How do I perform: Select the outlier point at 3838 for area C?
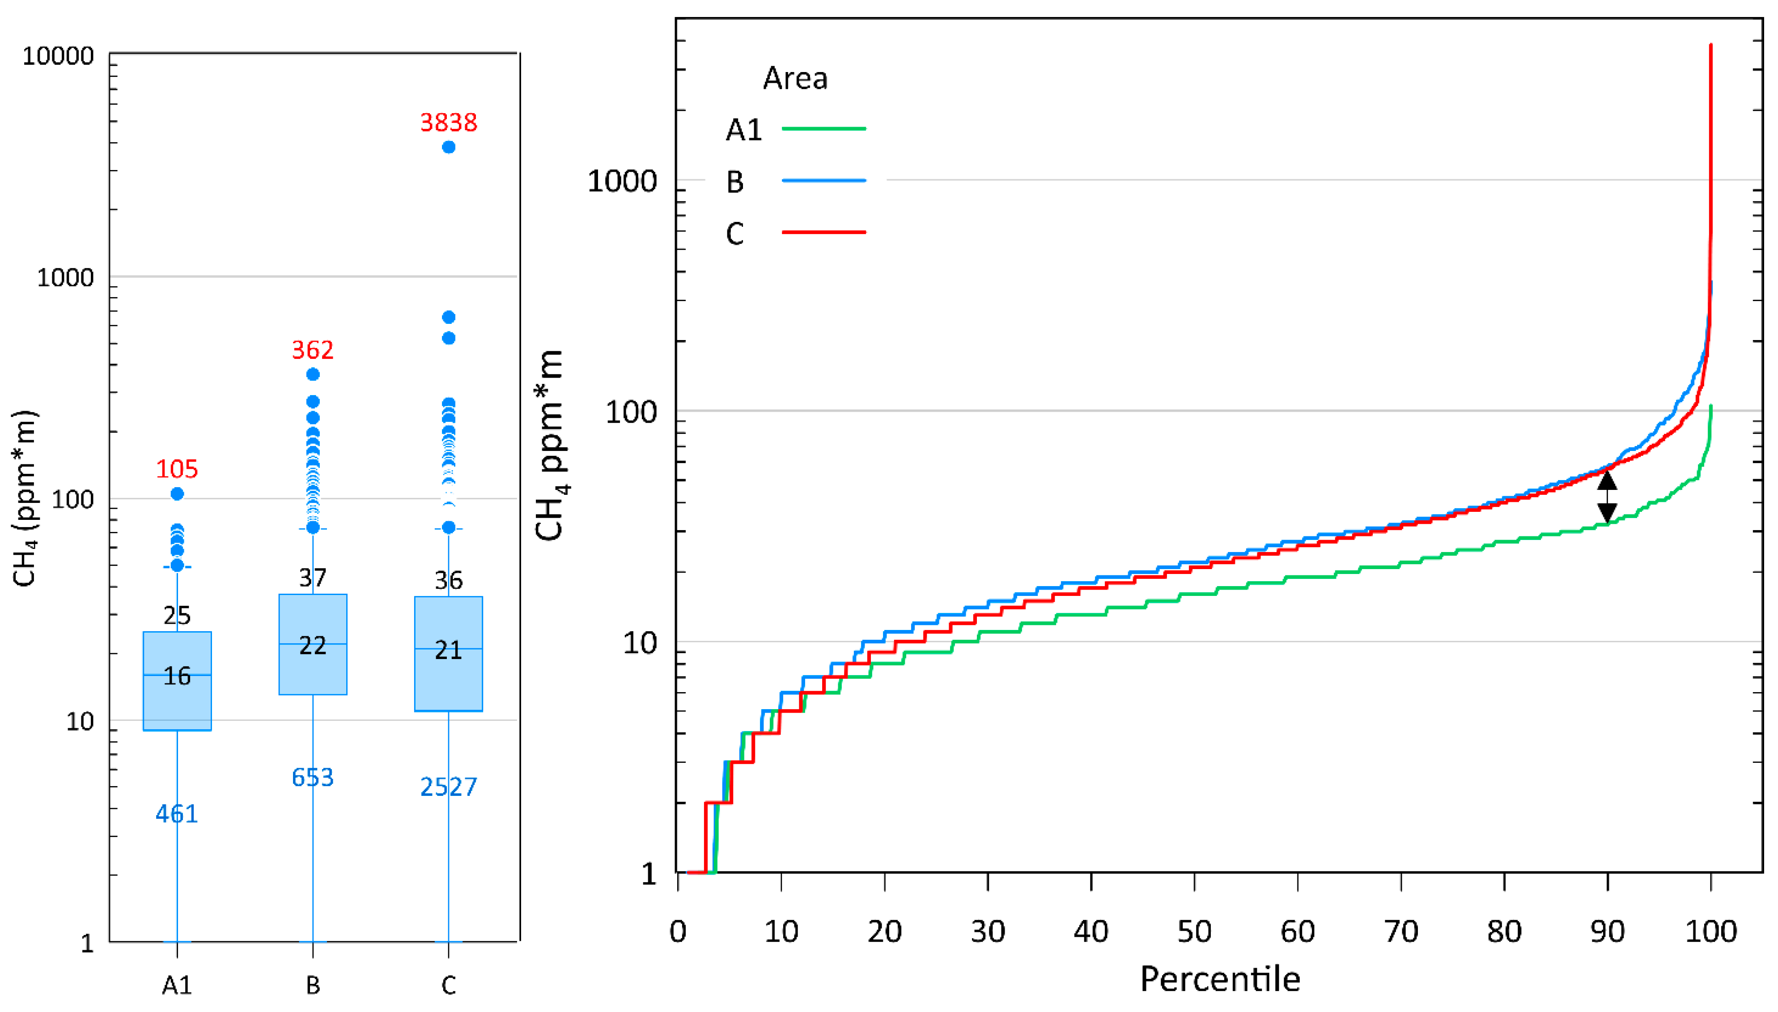(x=449, y=147)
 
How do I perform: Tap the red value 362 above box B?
(x=313, y=349)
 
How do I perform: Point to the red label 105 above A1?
(x=177, y=469)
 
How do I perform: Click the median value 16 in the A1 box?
(x=177, y=676)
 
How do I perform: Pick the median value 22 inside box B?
(x=313, y=646)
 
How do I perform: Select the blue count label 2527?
(x=448, y=787)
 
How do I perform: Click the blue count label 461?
(x=177, y=813)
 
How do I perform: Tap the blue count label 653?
(x=313, y=777)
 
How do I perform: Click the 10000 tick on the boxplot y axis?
(x=58, y=55)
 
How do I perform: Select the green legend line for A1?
(x=823, y=128)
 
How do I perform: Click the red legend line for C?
(x=823, y=231)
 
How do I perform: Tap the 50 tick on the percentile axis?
(x=1194, y=931)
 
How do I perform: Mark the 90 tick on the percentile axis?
(x=1607, y=931)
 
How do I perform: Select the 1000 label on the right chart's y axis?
(x=622, y=181)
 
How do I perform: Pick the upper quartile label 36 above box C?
(x=448, y=580)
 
